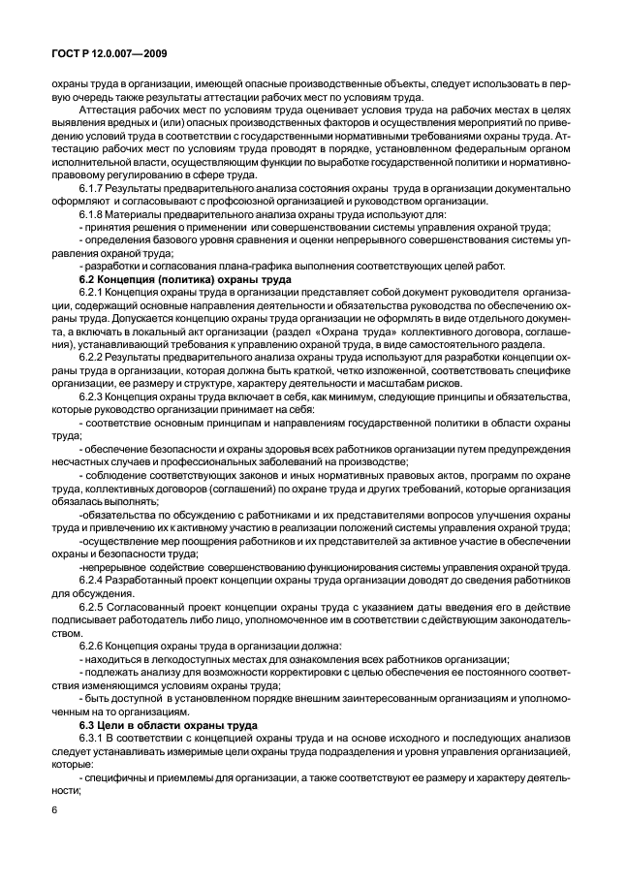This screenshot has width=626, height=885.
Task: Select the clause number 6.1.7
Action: point(92,188)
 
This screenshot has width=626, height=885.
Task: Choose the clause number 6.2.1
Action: point(92,291)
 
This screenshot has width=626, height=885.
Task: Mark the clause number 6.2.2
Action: point(92,355)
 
